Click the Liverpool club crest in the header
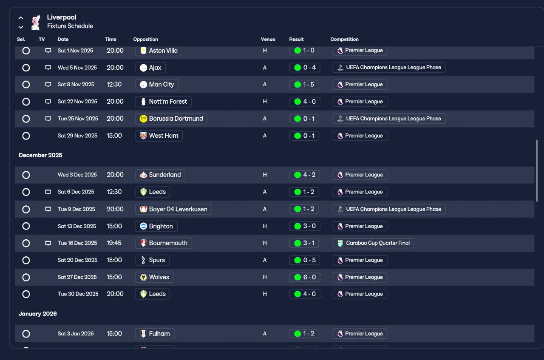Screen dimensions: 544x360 36,23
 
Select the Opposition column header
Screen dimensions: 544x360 145,40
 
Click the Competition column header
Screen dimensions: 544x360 344,40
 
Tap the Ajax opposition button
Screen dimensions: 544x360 150,68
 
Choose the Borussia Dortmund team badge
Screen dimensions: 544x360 143,119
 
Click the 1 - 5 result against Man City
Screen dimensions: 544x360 304,85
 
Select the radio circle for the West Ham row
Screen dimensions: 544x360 26,136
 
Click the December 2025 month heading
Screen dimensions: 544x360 40,155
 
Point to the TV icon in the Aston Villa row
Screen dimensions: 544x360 48,51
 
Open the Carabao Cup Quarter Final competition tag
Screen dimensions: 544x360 373,243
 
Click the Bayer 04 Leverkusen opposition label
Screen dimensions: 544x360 174,209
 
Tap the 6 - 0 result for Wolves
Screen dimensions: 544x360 305,277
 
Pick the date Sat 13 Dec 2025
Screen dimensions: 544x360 77,226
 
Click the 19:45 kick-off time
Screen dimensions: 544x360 114,243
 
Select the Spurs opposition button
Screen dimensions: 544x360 152,260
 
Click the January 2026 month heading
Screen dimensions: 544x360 38,314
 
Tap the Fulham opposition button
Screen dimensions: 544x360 155,334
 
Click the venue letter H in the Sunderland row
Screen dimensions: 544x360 265,175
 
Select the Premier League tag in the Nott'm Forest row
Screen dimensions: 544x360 360,102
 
